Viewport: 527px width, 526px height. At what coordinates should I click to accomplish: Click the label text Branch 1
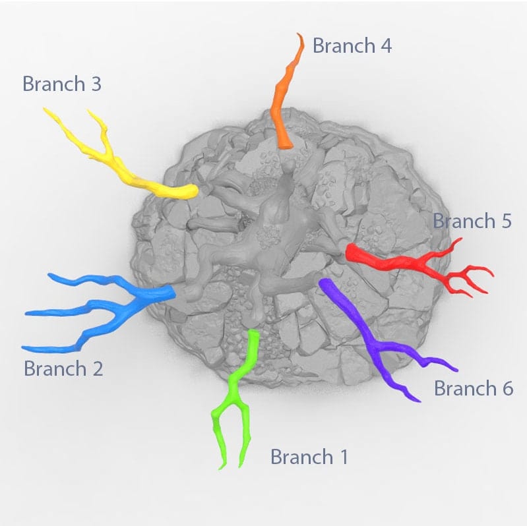point(309,457)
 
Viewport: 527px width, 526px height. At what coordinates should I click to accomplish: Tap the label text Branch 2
point(63,368)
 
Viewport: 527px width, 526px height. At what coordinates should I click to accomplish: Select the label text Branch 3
point(62,84)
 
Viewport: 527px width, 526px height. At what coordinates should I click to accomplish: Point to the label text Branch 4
point(352,46)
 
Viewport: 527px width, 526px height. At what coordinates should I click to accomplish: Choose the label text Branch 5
point(472,221)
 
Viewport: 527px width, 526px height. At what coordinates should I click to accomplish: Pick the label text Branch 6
point(473,389)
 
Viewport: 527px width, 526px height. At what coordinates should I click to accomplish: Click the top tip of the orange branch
point(300,36)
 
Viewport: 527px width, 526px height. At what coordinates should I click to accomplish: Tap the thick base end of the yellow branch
point(191,192)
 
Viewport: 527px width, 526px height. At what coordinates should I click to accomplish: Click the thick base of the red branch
point(352,252)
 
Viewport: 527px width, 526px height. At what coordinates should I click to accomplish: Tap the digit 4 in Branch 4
point(385,46)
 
